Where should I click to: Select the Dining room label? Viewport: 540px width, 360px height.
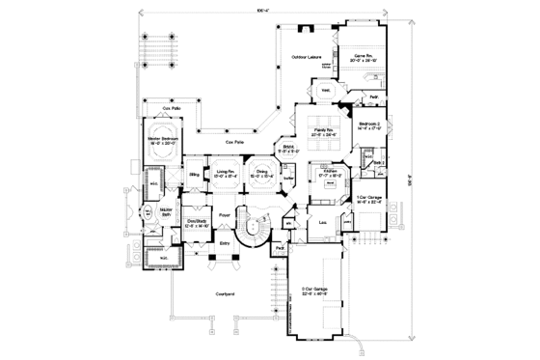point(260,173)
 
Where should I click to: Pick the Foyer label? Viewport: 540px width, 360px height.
point(224,215)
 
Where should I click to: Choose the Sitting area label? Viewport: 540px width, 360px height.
point(195,175)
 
